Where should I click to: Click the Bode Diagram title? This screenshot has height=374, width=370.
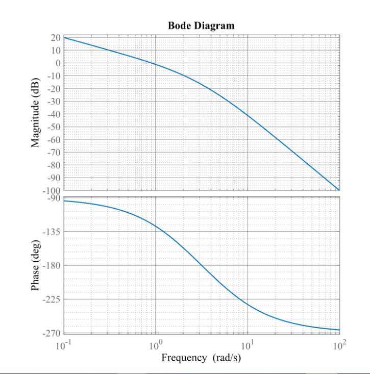click(x=201, y=26)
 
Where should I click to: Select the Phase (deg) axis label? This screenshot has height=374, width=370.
click(x=36, y=265)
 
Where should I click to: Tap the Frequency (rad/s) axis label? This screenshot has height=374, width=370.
click(x=201, y=357)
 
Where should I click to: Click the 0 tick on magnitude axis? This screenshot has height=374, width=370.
click(x=58, y=63)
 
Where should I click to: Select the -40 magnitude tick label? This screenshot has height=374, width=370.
click(x=53, y=114)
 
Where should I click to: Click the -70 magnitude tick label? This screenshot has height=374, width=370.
click(x=53, y=153)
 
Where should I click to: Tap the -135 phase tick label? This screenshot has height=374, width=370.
click(x=51, y=232)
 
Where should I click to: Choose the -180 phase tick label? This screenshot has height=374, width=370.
click(x=51, y=265)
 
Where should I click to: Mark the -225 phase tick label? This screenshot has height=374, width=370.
click(x=51, y=299)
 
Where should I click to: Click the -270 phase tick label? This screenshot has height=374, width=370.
click(x=51, y=333)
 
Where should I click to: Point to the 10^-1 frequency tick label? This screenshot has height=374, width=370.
click(x=63, y=346)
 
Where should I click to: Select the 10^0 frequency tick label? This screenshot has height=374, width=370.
click(x=156, y=346)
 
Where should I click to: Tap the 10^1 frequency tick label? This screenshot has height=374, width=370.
click(x=248, y=346)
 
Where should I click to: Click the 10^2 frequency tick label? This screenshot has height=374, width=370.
click(x=339, y=346)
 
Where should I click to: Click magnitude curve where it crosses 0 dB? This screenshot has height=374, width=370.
click(x=151, y=63)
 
